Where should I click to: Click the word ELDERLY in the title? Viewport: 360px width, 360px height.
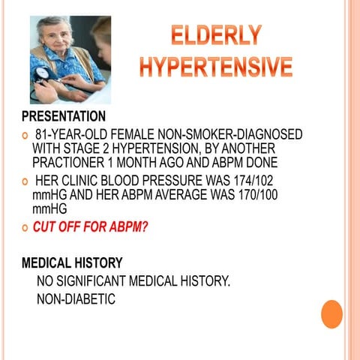pos(215,35)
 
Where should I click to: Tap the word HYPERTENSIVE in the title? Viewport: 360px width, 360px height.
pos(215,67)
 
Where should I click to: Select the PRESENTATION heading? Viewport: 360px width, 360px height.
pos(63,117)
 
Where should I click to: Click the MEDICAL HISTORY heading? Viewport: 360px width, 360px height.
pos(71,263)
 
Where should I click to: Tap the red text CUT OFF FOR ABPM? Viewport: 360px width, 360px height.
pos(90,228)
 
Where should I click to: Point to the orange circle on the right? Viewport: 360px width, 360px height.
pos(331,313)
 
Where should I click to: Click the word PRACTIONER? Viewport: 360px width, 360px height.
pos(71,162)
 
